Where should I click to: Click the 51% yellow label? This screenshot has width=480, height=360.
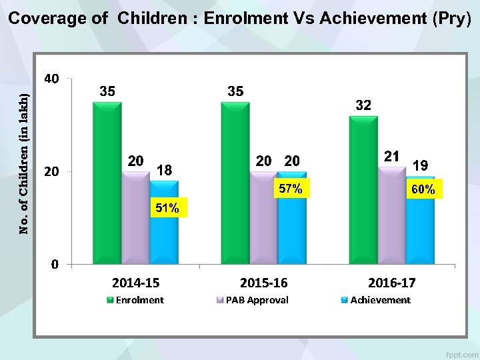(167, 209)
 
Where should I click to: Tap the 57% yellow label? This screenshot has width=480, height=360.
(291, 189)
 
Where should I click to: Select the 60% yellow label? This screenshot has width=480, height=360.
(423, 190)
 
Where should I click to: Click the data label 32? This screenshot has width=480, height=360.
(363, 105)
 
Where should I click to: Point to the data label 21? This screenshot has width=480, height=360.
(392, 156)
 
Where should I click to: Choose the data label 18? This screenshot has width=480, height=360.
(164, 171)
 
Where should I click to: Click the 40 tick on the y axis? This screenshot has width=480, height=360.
(51, 79)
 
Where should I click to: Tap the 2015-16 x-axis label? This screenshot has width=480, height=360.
(263, 283)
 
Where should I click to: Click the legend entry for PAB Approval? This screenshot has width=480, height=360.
(257, 300)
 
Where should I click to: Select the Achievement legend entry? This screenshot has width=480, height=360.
(379, 300)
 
